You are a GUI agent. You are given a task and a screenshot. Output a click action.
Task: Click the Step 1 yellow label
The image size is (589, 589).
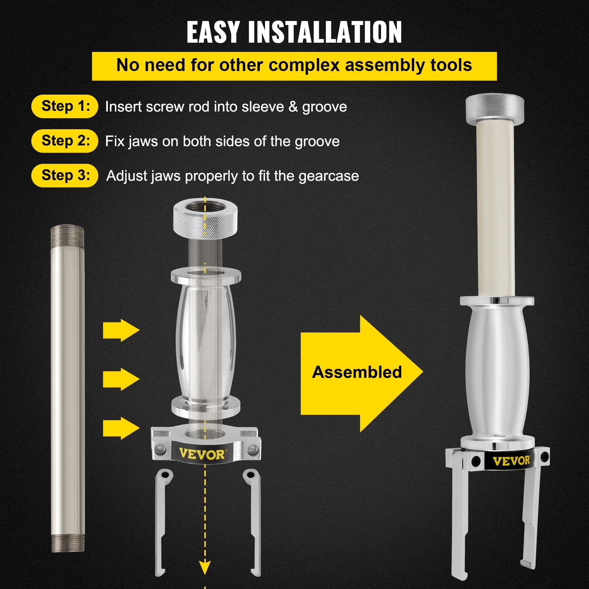click(x=65, y=106)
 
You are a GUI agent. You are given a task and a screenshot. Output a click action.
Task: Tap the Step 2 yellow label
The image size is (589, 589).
click(x=65, y=141)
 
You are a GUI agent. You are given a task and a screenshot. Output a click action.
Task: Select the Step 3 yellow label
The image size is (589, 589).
click(x=65, y=176)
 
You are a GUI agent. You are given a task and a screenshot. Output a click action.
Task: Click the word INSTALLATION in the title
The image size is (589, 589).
click(x=325, y=32)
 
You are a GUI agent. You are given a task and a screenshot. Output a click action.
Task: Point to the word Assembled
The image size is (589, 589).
click(x=357, y=372)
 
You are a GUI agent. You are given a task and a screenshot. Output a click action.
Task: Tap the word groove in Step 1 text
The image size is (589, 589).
click(x=324, y=107)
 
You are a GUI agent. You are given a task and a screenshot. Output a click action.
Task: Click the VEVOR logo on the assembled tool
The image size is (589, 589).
click(x=511, y=461)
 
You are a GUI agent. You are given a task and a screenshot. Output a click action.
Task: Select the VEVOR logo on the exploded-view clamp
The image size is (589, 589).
click(x=202, y=454)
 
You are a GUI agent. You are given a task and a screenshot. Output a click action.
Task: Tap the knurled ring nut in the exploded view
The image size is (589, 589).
click(x=205, y=219)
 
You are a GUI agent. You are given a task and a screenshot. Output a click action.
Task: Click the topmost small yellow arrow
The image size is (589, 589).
click(x=121, y=330)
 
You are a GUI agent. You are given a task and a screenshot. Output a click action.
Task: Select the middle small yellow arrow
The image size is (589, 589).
click(x=121, y=379)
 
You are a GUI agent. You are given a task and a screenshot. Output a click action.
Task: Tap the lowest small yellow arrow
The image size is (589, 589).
click(x=121, y=428)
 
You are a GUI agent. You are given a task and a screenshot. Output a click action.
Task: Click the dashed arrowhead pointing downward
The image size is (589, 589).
click(x=205, y=566)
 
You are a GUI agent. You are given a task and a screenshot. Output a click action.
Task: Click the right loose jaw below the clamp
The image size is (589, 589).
click(x=254, y=523)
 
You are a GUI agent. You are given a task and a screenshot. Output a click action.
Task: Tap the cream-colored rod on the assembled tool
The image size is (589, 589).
click(x=495, y=206)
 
